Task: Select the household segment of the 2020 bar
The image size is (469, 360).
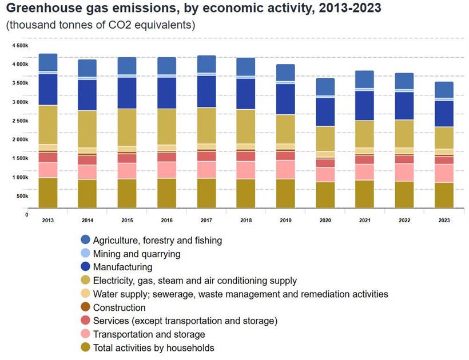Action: pyautogui.click(x=325, y=195)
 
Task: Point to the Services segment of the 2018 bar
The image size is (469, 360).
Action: pyautogui.click(x=246, y=156)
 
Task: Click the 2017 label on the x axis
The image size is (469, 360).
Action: pyautogui.click(x=206, y=220)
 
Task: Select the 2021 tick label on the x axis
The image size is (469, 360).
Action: pyautogui.click(x=365, y=220)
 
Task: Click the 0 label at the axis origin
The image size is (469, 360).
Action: pyautogui.click(x=26, y=215)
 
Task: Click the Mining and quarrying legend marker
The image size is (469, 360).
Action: pyautogui.click(x=86, y=254)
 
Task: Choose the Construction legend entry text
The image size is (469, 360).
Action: pyautogui.click(x=119, y=307)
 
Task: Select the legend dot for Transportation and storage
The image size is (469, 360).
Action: pyautogui.click(x=86, y=334)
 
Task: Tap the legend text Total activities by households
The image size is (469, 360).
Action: pyautogui.click(x=153, y=348)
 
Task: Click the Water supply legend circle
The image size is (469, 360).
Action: pyautogui.click(x=86, y=294)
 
